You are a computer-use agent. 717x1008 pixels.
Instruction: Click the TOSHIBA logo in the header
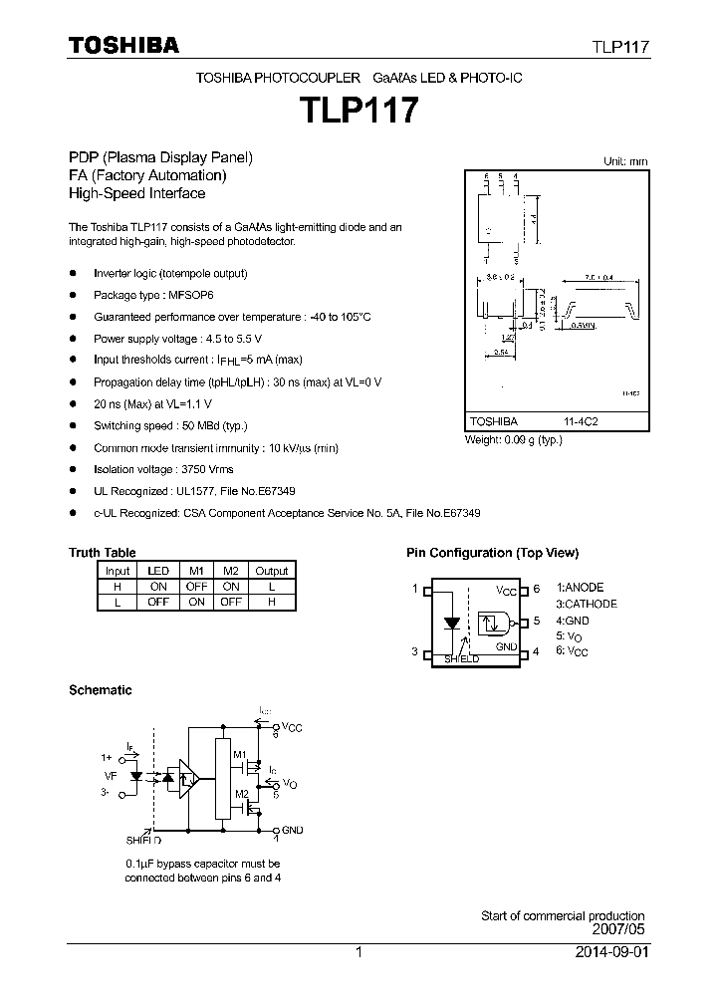(123, 45)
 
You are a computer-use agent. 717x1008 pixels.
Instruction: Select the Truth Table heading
(102, 553)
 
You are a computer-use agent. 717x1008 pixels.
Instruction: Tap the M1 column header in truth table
(196, 571)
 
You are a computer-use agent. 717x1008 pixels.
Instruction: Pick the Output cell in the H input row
(271, 587)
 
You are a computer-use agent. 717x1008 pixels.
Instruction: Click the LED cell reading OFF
(157, 602)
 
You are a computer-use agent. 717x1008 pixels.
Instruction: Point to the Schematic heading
(100, 689)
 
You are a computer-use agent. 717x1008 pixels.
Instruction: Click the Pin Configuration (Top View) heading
(492, 553)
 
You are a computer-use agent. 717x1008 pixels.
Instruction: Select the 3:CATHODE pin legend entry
(587, 604)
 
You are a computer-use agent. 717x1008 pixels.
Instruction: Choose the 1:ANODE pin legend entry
(580, 588)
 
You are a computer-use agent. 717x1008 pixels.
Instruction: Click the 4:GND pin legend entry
(574, 620)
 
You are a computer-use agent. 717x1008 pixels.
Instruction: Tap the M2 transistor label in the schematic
(239, 793)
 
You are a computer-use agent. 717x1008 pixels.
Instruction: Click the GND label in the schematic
(292, 830)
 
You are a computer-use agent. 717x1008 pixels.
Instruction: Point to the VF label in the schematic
(110, 775)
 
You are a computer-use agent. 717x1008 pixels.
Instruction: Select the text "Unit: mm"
(625, 160)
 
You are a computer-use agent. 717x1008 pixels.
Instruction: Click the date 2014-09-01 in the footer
(610, 952)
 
